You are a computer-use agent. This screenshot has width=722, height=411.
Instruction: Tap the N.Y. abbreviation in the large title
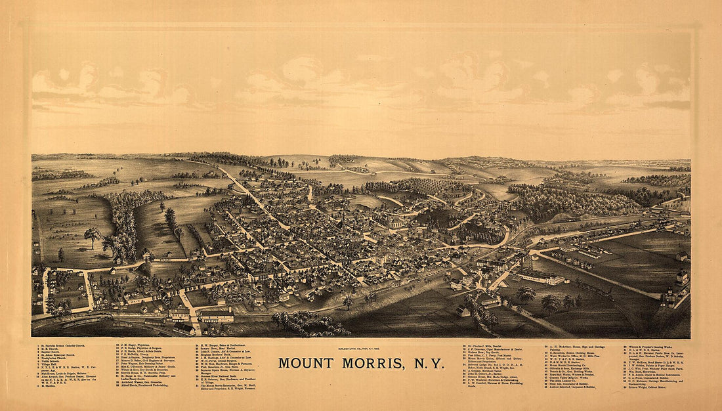429,363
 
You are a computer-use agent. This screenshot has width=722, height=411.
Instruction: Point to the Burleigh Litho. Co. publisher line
360,348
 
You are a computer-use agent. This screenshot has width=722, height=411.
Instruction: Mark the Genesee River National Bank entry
221,376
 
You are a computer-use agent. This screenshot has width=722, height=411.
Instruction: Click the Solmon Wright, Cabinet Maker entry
647,387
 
